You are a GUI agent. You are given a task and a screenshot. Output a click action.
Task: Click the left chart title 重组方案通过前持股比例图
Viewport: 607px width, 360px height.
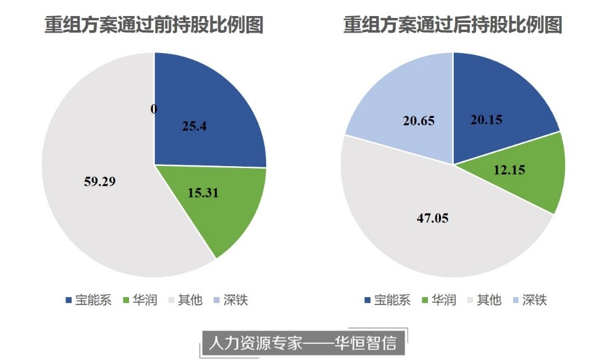pyautogui.click(x=154, y=25)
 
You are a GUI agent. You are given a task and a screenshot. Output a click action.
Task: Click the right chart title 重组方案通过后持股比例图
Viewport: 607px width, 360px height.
pyautogui.click(x=453, y=25)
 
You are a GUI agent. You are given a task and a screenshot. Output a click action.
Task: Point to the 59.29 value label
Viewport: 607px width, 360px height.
pyautogui.click(x=100, y=182)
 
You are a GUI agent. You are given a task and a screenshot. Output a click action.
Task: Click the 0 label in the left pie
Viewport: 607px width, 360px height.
pyautogui.click(x=154, y=109)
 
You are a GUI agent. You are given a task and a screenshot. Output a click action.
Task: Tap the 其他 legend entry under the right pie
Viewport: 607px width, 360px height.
pyautogui.click(x=489, y=301)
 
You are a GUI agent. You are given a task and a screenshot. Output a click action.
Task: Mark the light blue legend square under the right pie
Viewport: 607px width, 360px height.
pyautogui.click(x=516, y=301)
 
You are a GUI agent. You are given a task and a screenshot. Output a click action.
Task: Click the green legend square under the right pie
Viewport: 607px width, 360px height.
pyautogui.click(x=425, y=301)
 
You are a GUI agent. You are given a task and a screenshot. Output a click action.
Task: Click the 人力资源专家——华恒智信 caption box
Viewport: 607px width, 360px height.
pyautogui.click(x=303, y=342)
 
